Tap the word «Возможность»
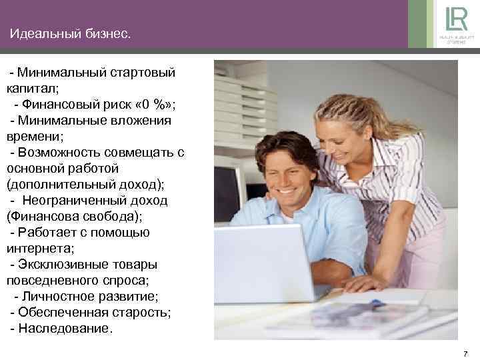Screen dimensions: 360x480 tap(60, 153)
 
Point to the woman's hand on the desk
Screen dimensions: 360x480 tap(363, 284)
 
